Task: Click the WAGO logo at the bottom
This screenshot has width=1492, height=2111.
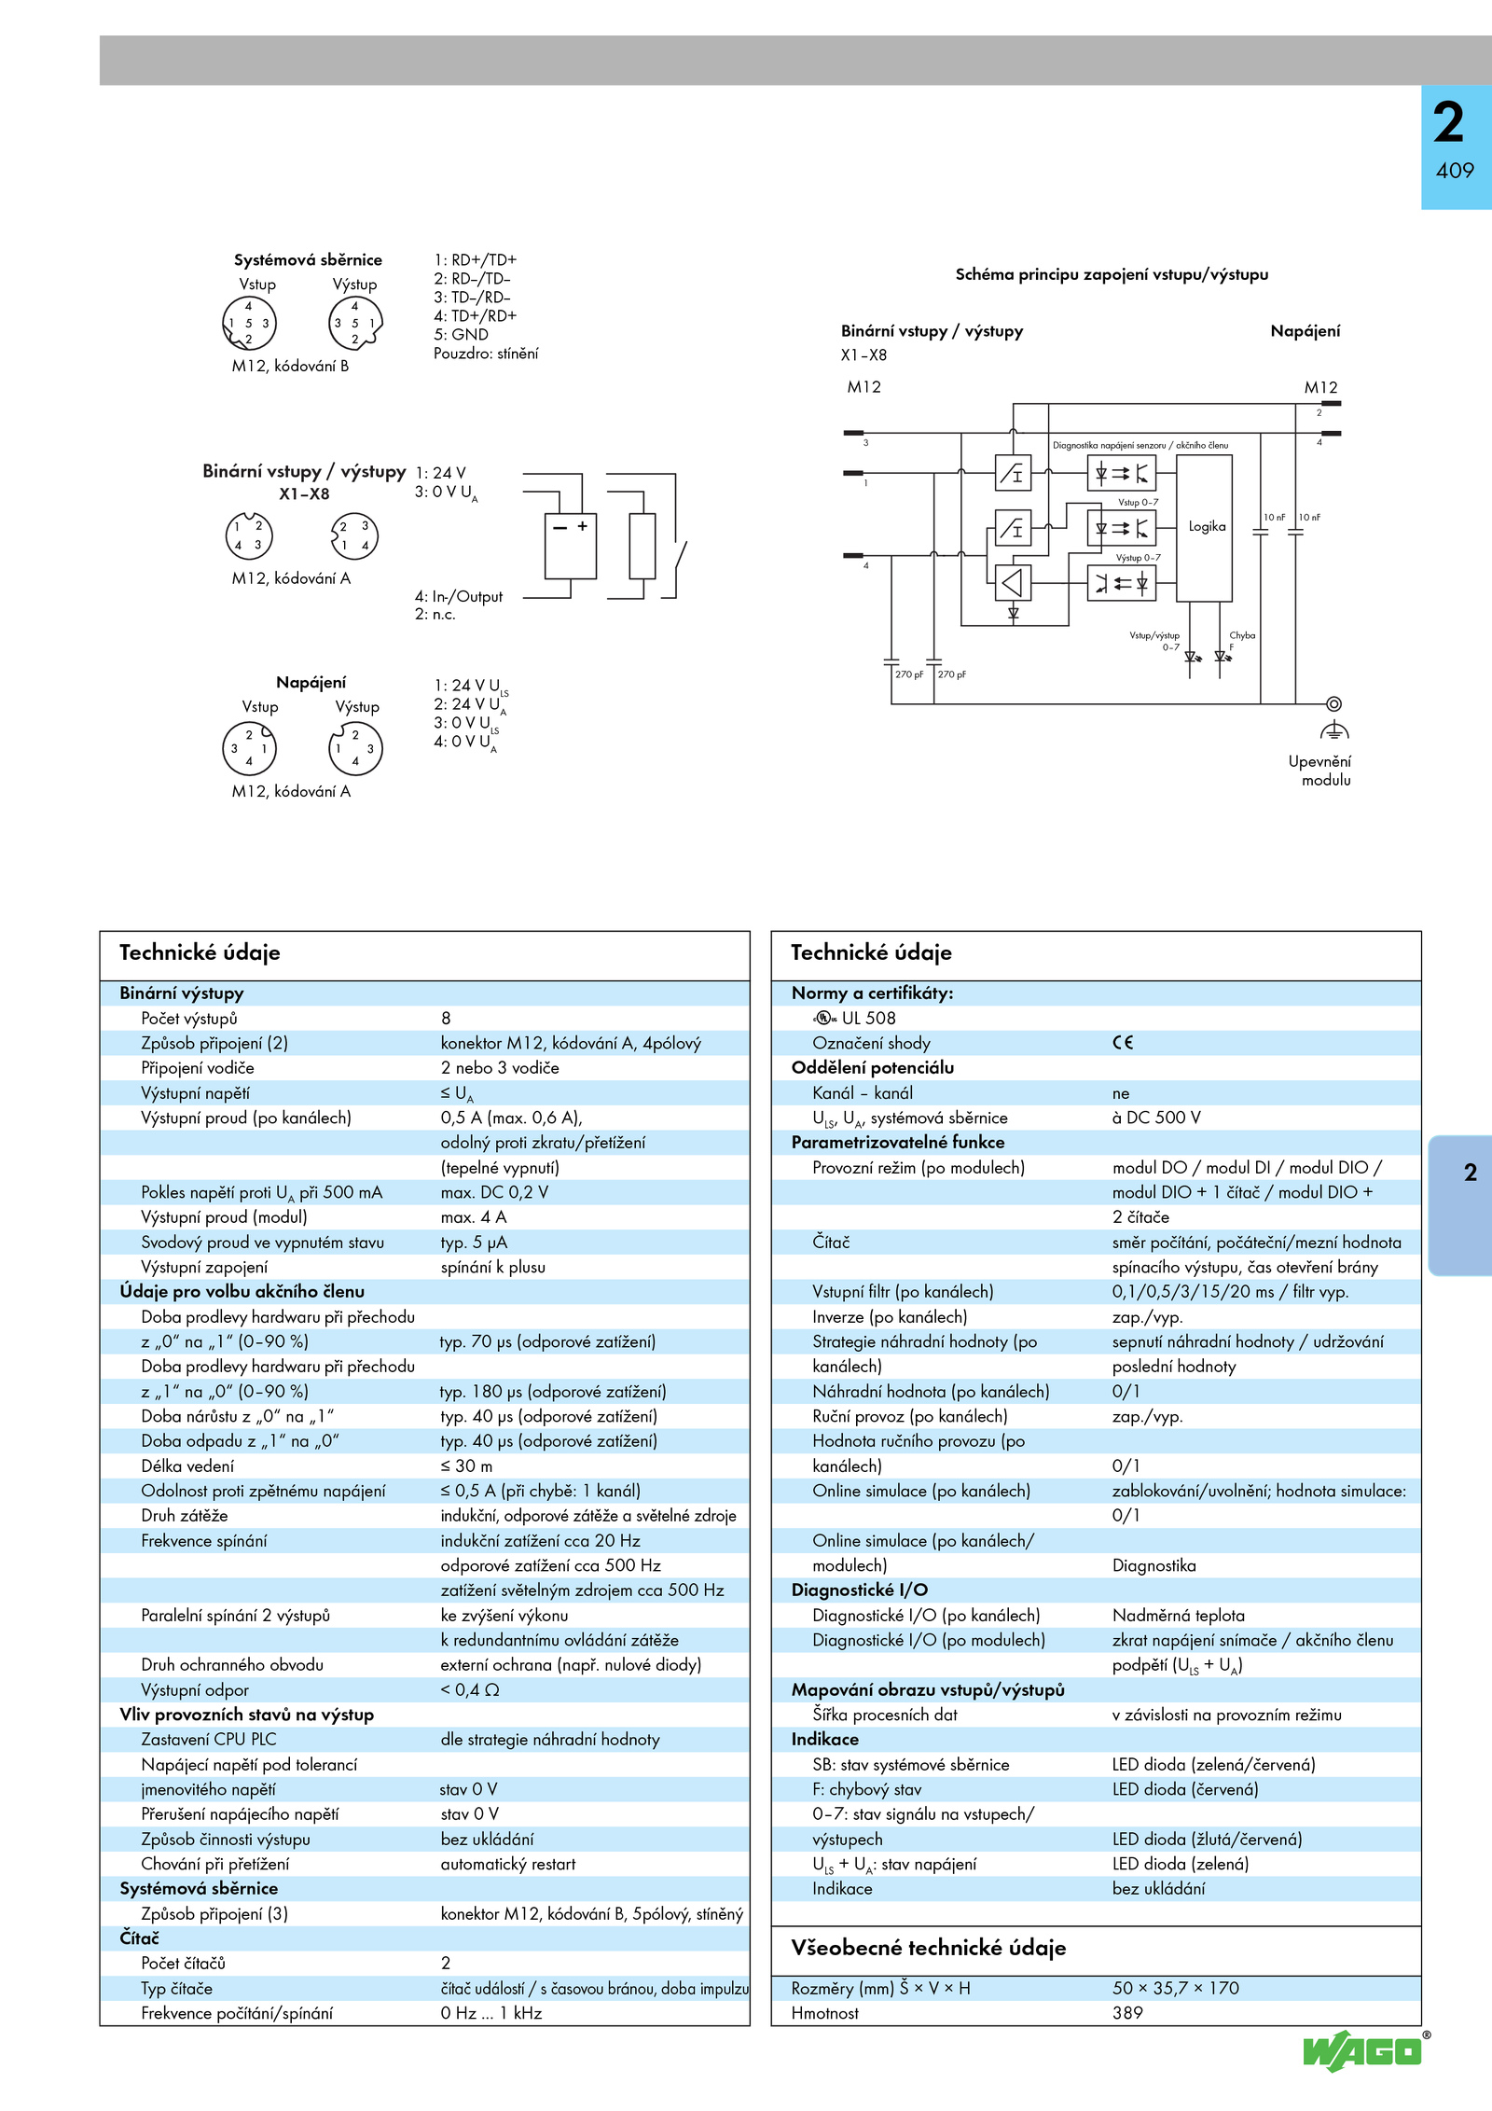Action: click(1362, 2050)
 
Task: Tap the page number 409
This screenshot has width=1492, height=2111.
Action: click(1455, 171)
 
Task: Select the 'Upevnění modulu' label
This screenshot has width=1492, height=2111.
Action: click(1319, 771)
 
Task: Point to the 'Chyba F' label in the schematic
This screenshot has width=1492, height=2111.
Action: click(1242, 641)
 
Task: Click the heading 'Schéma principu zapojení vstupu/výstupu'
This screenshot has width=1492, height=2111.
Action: click(1112, 274)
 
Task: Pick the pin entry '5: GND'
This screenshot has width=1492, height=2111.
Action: click(461, 334)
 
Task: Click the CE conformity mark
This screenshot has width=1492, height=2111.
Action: click(1123, 1043)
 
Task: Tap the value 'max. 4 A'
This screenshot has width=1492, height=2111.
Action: click(474, 1217)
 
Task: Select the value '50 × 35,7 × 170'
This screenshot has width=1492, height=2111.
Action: click(1176, 1988)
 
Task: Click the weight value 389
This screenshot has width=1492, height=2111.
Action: click(1127, 2013)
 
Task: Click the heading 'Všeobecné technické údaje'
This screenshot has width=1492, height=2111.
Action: click(929, 1948)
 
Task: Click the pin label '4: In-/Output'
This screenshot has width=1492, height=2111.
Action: click(459, 596)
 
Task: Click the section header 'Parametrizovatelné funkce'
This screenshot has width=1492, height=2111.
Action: click(898, 1143)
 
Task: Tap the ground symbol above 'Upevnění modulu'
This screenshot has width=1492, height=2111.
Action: click(1334, 729)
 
